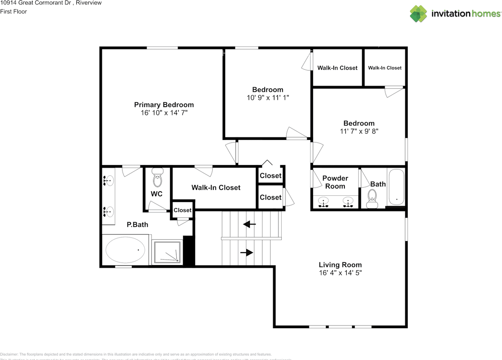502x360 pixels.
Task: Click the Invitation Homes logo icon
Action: [418, 13]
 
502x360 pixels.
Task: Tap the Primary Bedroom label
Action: [164, 105]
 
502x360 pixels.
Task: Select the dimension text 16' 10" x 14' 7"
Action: [164, 113]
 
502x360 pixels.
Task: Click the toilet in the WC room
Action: [157, 178]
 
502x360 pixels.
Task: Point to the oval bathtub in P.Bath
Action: [125, 250]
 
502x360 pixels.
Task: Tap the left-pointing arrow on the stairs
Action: [249, 224]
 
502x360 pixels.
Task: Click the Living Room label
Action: [340, 265]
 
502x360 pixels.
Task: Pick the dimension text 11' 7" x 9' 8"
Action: [359, 131]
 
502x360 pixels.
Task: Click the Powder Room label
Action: [335, 182]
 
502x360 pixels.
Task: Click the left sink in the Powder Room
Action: [324, 202]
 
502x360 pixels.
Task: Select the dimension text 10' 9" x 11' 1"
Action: [267, 98]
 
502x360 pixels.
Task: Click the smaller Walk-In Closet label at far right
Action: [385, 68]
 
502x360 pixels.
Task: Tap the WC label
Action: [156, 194]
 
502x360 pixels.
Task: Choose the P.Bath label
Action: [137, 225]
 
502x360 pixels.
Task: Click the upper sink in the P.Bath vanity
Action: [108, 181]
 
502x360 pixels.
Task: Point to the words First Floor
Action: [14, 11]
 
